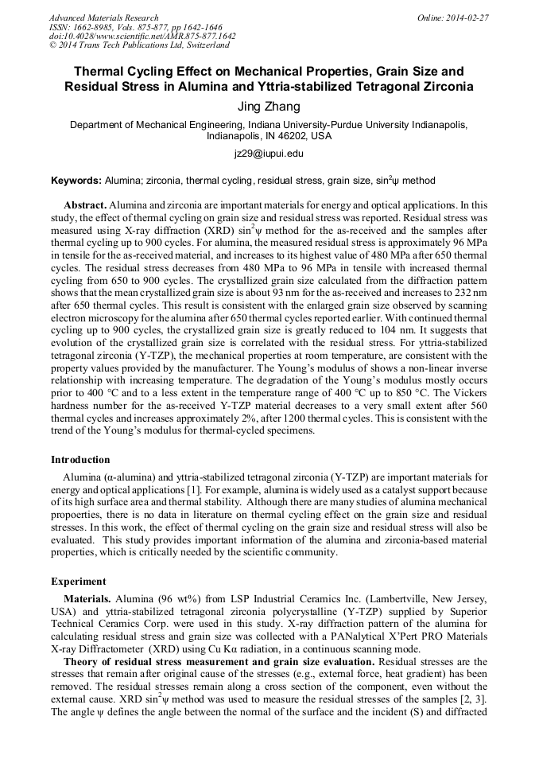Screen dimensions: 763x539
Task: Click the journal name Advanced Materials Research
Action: pyautogui.click(x=103, y=18)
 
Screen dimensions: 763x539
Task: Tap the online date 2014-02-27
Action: pyautogui.click(x=467, y=18)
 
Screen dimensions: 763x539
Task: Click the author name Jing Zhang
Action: pyautogui.click(x=269, y=106)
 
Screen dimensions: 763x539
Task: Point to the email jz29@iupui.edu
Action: pyautogui.click(x=269, y=153)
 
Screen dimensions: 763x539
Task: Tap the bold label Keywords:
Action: pyautogui.click(x=76, y=181)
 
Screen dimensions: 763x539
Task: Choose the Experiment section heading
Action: pyautogui.click(x=79, y=581)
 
